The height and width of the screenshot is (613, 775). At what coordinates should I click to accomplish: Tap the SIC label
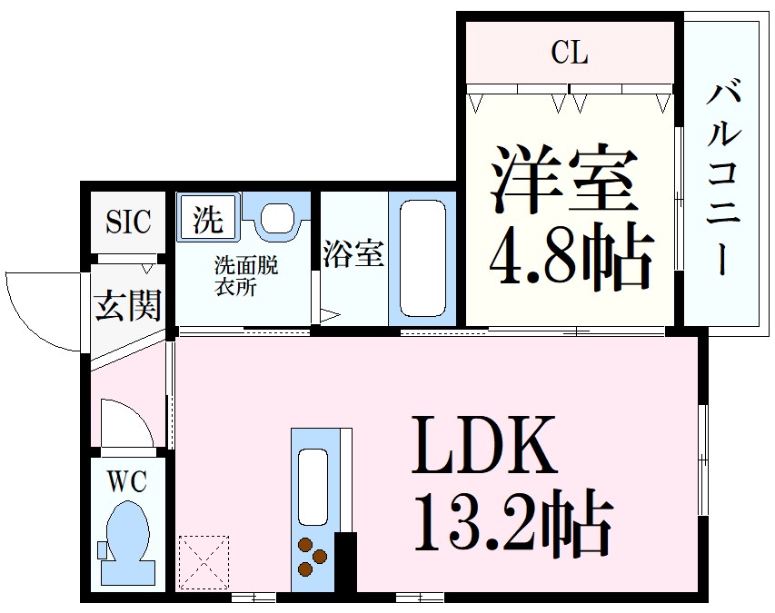128,222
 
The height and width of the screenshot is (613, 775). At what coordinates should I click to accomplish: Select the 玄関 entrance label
128,306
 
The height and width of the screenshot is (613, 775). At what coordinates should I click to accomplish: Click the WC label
127,481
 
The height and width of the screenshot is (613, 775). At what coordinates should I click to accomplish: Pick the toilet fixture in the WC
127,541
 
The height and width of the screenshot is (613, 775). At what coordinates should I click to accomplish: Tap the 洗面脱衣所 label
245,276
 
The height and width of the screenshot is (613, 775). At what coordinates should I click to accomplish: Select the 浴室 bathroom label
353,255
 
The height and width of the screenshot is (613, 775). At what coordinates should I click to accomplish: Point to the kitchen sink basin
313,486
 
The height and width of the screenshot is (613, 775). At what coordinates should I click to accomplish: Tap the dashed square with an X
204,560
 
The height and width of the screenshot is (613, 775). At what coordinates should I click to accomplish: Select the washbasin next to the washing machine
278,217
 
